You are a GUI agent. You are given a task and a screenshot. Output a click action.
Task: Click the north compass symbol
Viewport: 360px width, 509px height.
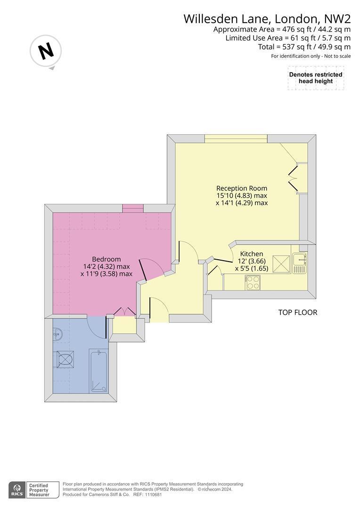[x=46, y=51]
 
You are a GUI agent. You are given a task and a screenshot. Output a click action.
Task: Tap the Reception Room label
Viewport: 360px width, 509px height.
[x=242, y=188]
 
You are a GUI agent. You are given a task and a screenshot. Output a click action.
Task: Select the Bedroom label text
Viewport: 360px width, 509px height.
[x=106, y=259]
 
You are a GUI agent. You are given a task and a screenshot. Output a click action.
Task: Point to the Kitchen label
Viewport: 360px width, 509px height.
[x=252, y=254]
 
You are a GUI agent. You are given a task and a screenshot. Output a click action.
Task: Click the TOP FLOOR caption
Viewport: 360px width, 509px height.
[x=298, y=312]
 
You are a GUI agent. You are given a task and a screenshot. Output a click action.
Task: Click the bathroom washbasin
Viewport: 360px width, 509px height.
[x=58, y=334]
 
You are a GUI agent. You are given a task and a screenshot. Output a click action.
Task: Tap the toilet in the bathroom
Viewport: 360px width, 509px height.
[x=65, y=359]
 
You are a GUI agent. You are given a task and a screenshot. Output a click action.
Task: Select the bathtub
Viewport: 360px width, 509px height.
[x=98, y=371]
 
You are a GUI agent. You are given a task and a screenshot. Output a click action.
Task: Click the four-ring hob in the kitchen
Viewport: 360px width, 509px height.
[x=253, y=282]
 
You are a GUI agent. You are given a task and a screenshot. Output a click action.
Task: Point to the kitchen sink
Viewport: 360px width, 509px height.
[x=299, y=263]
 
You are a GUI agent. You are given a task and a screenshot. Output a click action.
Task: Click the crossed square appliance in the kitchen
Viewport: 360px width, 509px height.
[x=281, y=264]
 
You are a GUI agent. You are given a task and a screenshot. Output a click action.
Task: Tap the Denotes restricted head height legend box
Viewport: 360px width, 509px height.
[x=316, y=78]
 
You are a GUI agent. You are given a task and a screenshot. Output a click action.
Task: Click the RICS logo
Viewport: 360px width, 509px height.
[x=17, y=490]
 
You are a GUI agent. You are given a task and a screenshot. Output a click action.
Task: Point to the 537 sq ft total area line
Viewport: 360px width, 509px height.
[x=304, y=47]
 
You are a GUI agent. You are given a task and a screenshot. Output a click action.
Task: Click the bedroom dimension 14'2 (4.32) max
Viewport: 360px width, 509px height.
[x=106, y=266]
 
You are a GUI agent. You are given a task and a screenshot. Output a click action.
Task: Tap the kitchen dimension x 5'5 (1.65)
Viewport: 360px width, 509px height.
[x=252, y=269]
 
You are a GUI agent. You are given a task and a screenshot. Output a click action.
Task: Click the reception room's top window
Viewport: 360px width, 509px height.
[x=237, y=139]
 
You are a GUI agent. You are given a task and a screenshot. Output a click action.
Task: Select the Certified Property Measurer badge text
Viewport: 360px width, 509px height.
[x=39, y=490]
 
